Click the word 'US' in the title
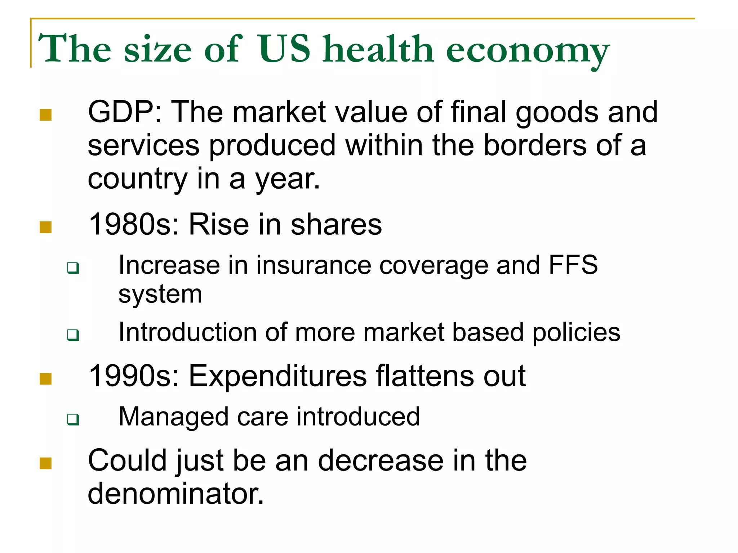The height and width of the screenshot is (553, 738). coord(284,49)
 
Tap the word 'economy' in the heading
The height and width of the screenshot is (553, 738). coord(528,50)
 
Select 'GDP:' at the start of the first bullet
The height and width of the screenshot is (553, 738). coord(125,112)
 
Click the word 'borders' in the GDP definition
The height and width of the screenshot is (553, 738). coord(535,145)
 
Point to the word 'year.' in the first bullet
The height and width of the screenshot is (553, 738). coord(288,179)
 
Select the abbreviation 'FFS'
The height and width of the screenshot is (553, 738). coord(573,265)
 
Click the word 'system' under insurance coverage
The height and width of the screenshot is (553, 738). coord(160,295)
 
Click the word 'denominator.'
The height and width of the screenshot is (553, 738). coord(176,494)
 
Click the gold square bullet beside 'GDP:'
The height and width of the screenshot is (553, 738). coord(46,115)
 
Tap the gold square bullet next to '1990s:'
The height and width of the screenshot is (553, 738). coord(46,379)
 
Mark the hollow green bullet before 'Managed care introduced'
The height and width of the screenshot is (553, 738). coord(73,419)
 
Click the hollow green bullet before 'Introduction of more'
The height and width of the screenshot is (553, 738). coord(73,335)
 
